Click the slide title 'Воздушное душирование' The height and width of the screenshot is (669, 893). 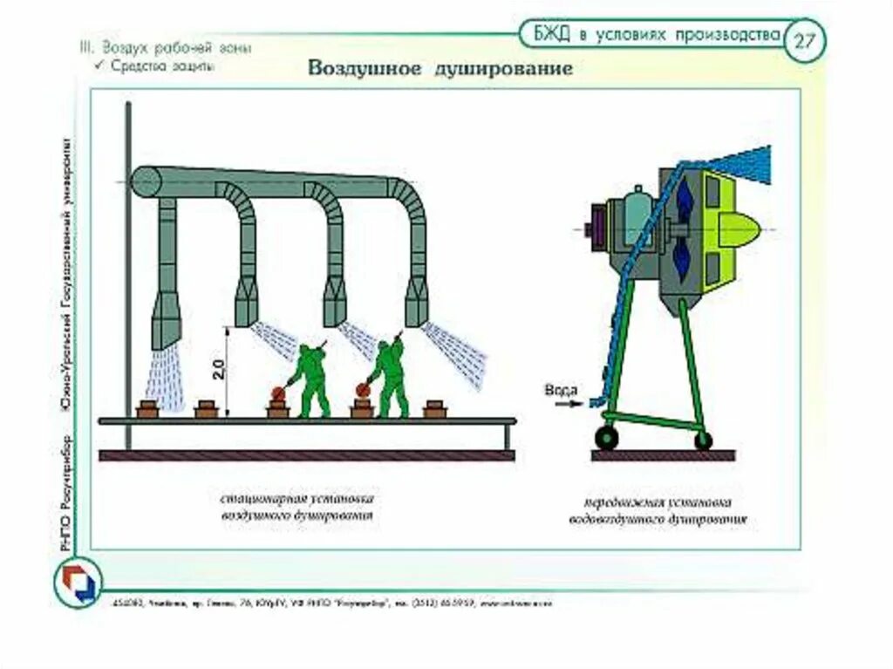pos(440,69)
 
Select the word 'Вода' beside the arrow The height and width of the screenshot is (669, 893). pos(560,390)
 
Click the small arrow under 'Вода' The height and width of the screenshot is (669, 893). pos(567,404)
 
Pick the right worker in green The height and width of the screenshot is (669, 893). pos(389,377)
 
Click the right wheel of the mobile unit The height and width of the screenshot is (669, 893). pos(703,440)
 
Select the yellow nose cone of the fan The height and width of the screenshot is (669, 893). pos(740,229)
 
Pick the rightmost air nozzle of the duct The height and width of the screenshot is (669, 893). pos(417,301)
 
